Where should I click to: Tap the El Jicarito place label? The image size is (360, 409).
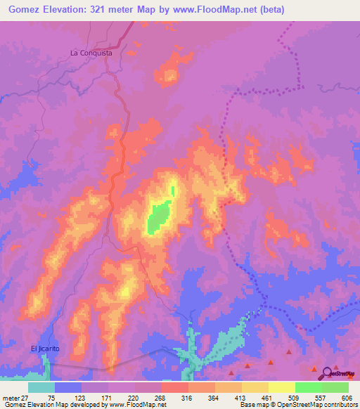(46, 349)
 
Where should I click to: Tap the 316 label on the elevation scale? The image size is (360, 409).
(188, 397)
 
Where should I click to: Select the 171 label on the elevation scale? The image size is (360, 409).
(108, 397)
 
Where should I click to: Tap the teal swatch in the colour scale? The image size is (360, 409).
(41, 387)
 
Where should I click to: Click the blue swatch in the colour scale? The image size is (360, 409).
(68, 387)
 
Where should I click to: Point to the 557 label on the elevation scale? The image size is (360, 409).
(321, 397)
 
